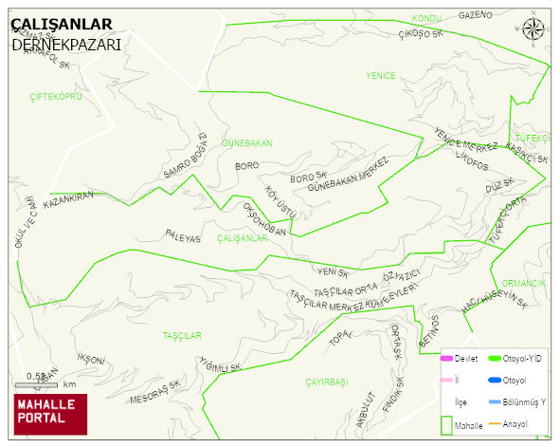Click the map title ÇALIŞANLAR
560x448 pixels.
tap(62, 25)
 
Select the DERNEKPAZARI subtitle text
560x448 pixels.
tap(66, 44)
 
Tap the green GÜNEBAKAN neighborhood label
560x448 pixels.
tap(246, 143)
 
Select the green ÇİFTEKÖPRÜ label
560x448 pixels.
tap(56, 97)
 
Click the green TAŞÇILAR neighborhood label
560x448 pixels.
tap(182, 336)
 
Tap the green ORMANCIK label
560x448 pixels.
tap(523, 284)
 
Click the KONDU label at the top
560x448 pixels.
tap(427, 19)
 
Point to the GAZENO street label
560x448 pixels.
tap(476, 15)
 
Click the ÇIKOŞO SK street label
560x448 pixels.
tap(421, 34)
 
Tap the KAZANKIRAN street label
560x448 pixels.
tap(69, 200)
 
